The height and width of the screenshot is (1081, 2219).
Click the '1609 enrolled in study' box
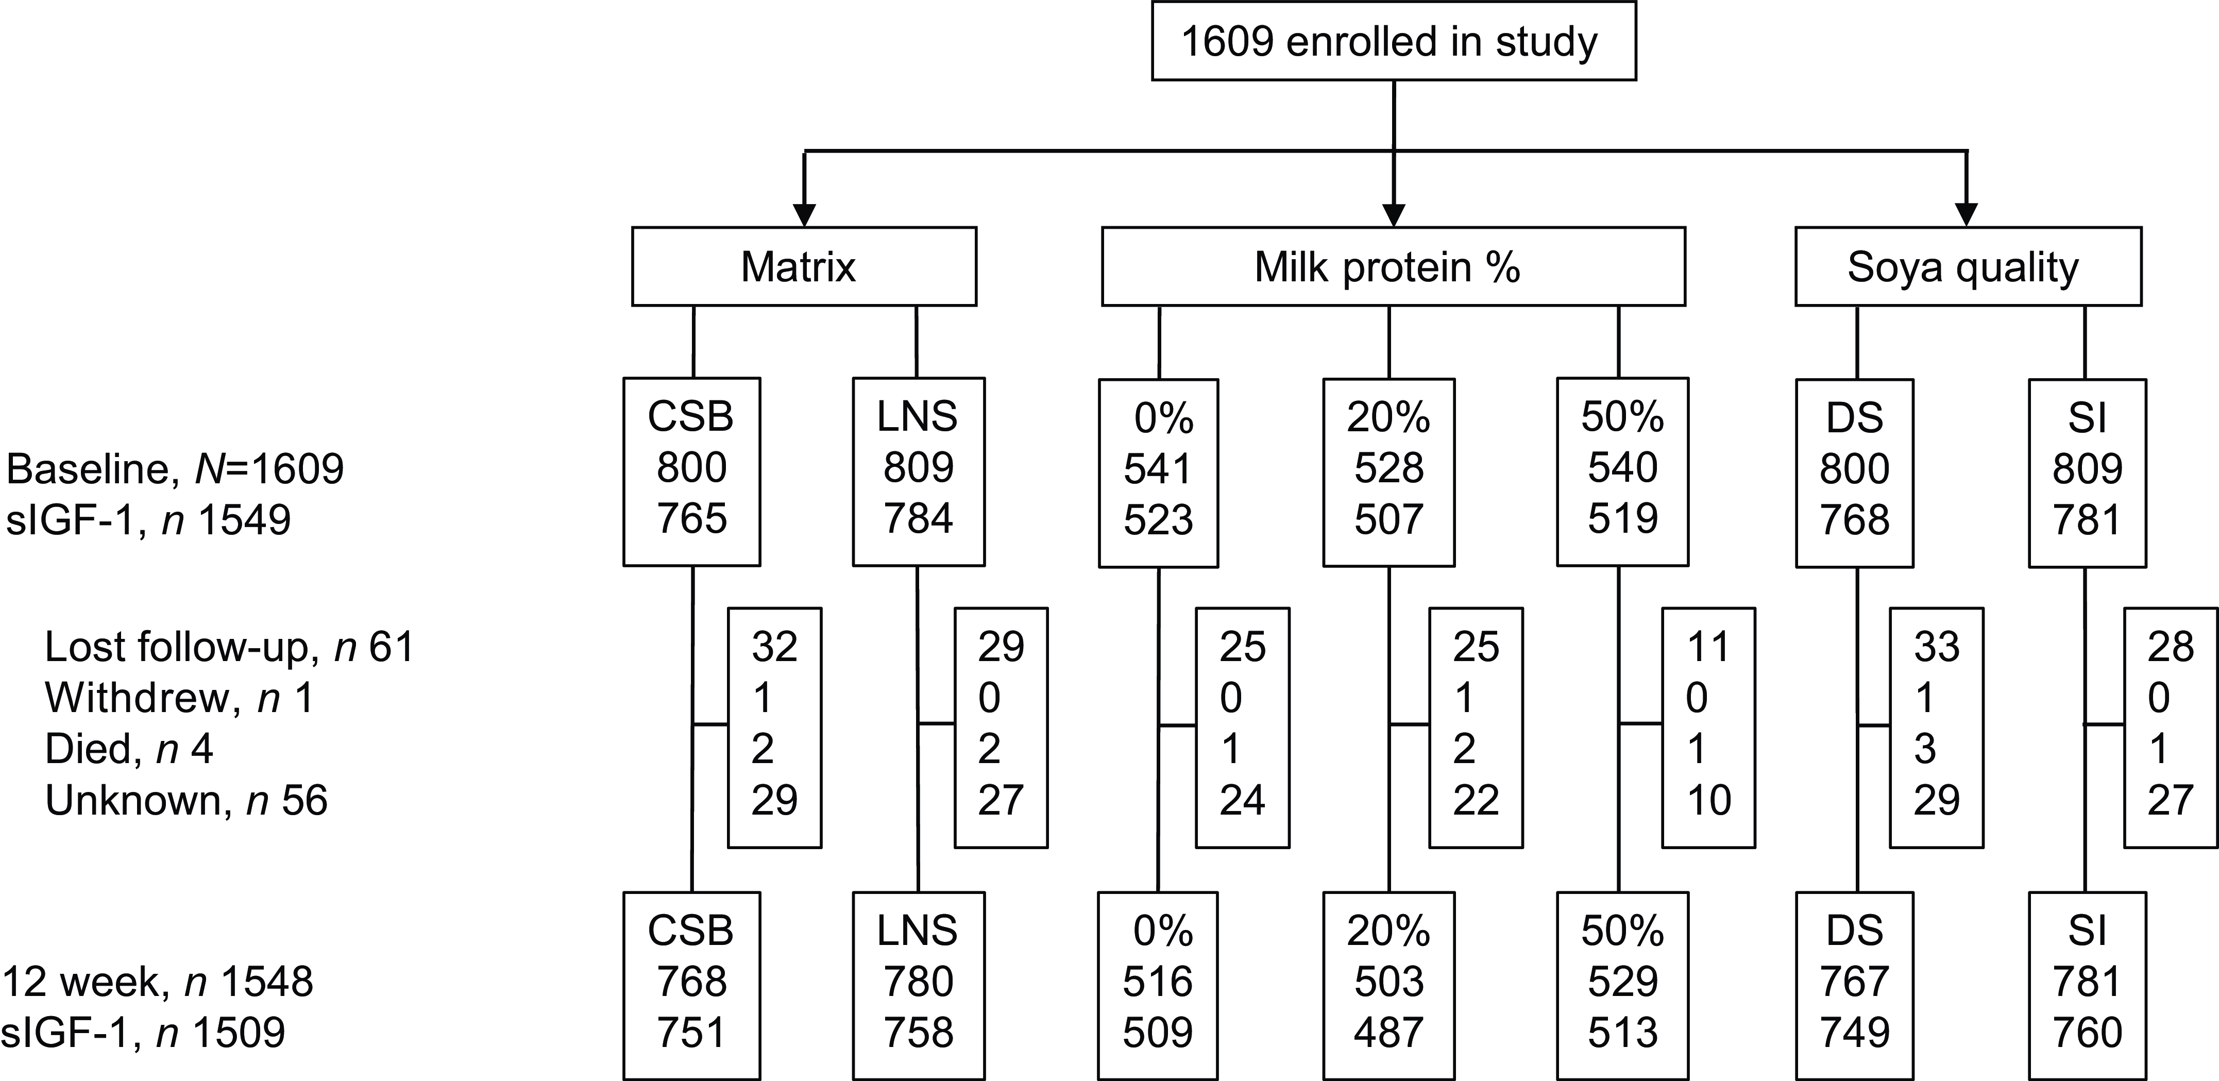(x=1393, y=41)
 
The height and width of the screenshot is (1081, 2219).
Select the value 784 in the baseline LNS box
(x=918, y=518)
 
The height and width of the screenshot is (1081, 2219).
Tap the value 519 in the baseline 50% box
(x=1622, y=518)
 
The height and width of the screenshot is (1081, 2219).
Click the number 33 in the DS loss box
(x=1937, y=646)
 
